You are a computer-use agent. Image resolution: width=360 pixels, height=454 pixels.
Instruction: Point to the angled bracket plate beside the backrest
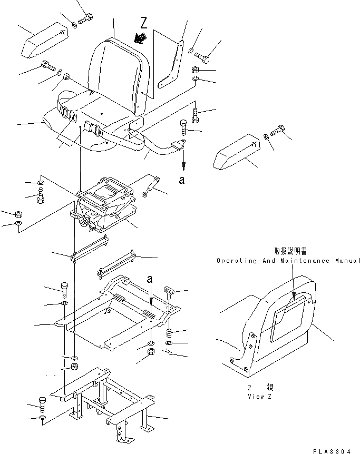click(172, 64)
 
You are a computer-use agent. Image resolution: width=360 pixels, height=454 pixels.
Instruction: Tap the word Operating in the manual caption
click(236, 261)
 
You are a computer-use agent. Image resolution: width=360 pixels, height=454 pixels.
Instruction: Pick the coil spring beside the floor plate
click(170, 333)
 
